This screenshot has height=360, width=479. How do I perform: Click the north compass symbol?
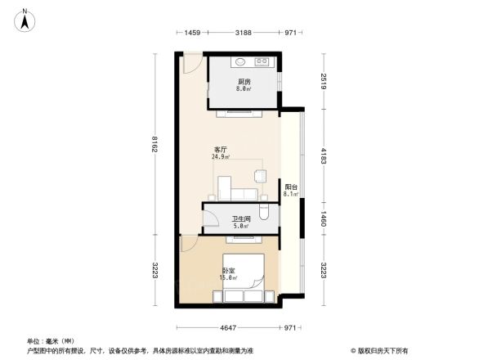26,19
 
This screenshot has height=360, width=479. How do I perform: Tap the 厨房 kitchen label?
244,82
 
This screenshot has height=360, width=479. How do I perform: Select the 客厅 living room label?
220,149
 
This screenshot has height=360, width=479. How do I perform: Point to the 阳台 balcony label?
290,187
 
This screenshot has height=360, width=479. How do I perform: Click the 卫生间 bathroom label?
240,218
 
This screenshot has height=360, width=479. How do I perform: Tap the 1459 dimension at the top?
192,33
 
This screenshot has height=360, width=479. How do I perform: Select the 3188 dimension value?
243,33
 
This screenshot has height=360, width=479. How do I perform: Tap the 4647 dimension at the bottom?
228,328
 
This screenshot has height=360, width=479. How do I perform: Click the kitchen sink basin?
242,62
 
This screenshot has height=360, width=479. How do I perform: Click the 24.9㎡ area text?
220,157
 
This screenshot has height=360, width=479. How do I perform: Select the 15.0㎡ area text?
228,278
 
